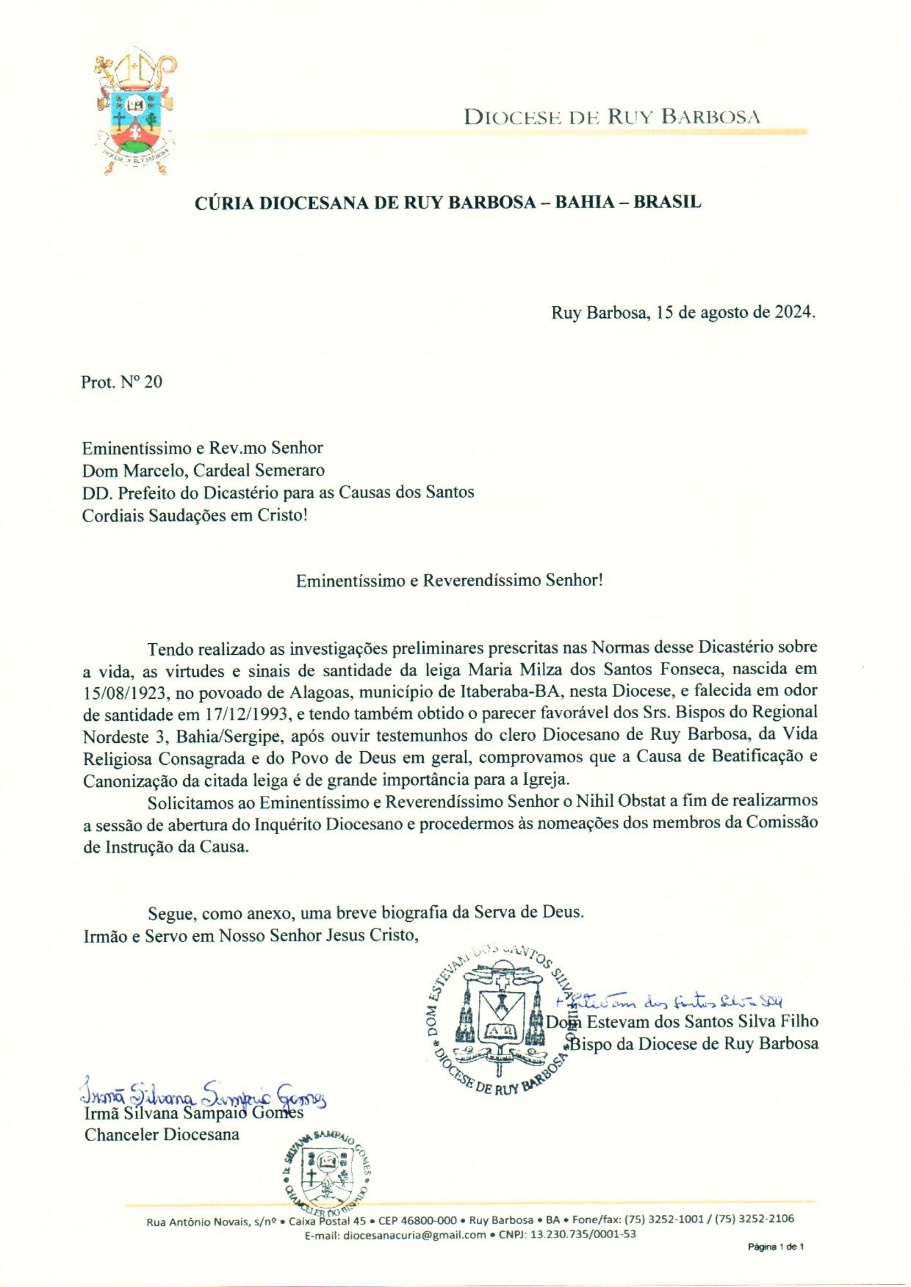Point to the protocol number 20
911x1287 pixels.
(x=153, y=382)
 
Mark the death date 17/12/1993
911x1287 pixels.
(x=234, y=714)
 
